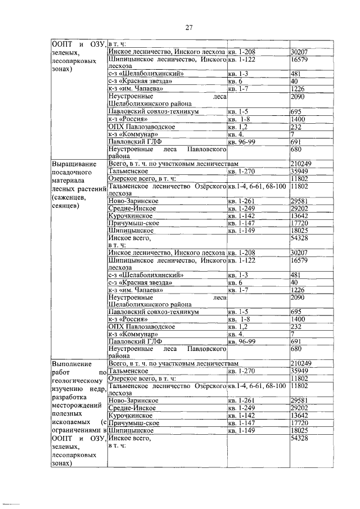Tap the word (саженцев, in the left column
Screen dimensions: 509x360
click(x=70, y=197)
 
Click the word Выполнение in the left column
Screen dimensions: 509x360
click(x=73, y=364)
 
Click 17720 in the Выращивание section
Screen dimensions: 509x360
click(x=300, y=223)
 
